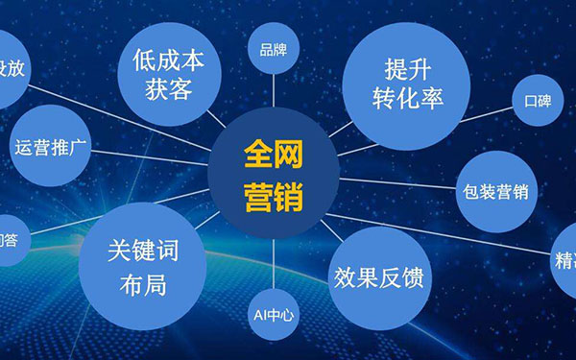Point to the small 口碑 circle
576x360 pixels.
click(537, 100)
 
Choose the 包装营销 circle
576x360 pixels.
click(494, 191)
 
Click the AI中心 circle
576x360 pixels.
click(274, 313)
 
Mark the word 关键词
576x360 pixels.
click(142, 252)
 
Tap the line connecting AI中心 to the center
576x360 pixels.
click(274, 261)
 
